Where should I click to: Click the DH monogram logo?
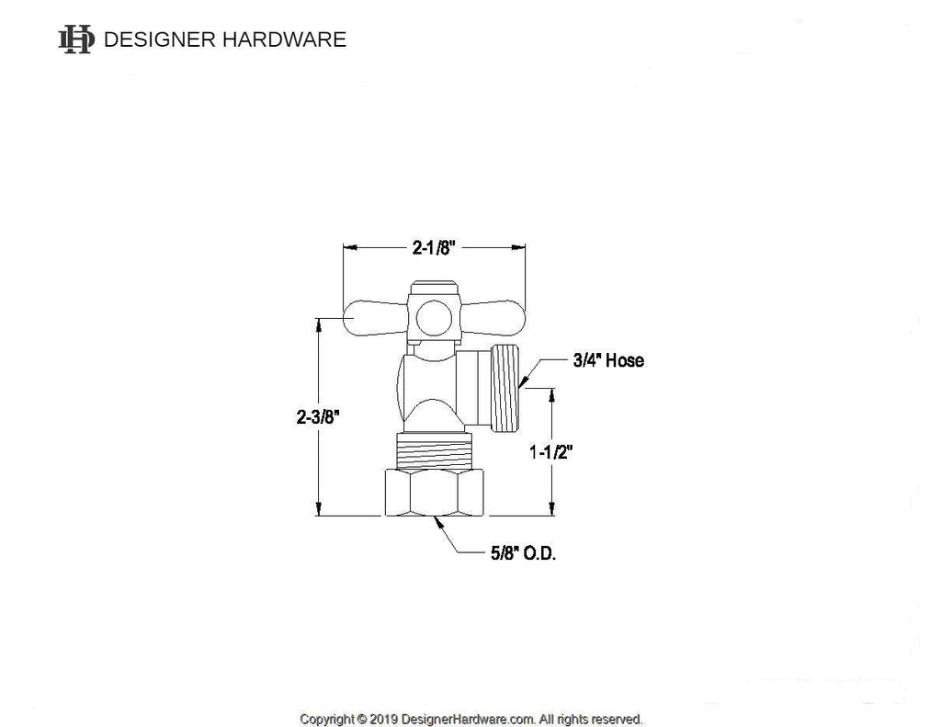point(76,40)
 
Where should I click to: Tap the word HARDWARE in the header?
point(285,40)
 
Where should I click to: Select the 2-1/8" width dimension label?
point(434,247)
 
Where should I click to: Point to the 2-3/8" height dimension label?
point(318,416)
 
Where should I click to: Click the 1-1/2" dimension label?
point(551,452)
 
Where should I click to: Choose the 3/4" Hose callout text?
point(608,360)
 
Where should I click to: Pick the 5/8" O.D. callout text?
point(523,553)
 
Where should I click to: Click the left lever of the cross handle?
point(375,318)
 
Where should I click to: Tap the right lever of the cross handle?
point(493,318)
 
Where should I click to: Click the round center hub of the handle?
point(434,318)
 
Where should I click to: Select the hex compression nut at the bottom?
point(434,493)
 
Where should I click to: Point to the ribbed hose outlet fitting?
point(506,388)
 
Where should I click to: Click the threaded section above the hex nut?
point(434,451)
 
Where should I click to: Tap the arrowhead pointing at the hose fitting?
point(523,381)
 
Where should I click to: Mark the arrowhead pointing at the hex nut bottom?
point(439,523)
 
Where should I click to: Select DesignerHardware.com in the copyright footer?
point(468,719)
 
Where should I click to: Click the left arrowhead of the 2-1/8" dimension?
point(350,246)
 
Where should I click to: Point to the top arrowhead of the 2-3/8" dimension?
point(318,324)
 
